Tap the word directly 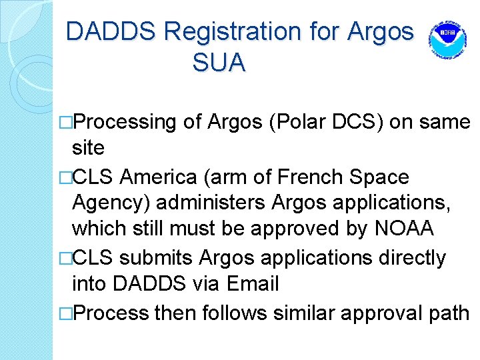point(413,257)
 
